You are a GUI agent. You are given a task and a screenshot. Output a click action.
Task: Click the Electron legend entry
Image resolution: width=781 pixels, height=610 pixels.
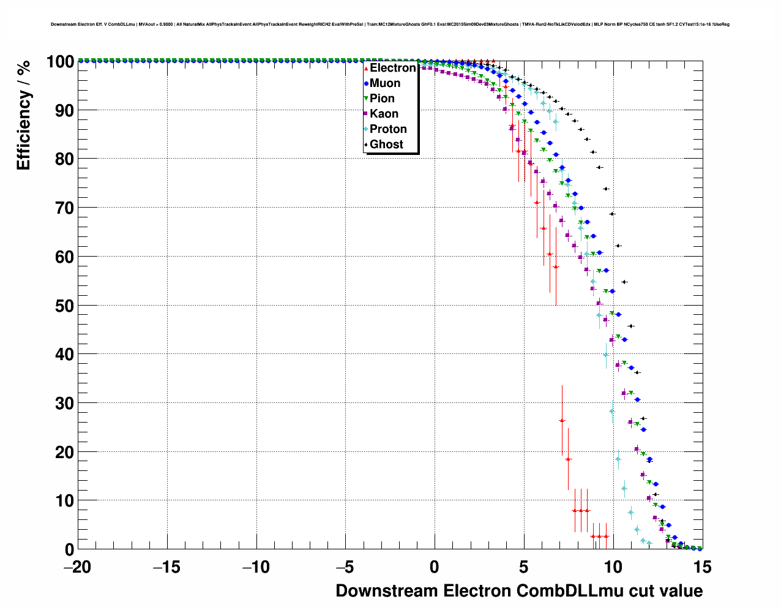[392, 68]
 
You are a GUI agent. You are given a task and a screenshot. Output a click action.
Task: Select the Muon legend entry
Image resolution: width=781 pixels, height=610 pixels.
[385, 83]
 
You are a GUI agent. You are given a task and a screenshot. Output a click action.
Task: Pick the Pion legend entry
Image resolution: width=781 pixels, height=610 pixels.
[382, 99]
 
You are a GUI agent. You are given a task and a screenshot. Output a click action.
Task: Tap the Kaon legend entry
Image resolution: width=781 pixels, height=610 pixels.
[384, 114]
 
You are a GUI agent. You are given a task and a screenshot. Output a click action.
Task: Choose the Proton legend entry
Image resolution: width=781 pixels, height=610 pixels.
[388, 129]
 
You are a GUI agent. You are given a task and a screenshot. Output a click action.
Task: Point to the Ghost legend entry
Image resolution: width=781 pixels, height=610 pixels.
[386, 145]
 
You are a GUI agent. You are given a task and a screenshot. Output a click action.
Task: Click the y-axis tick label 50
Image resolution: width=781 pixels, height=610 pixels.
[60, 306]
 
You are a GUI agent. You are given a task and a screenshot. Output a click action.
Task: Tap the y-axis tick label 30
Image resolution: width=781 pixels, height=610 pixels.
[60, 404]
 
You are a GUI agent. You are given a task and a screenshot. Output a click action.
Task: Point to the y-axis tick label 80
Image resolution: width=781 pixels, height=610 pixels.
[60, 159]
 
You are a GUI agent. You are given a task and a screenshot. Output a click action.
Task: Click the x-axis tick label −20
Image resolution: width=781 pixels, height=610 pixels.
[77, 568]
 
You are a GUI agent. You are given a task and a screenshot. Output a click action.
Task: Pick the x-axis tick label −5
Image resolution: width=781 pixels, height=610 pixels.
[345, 568]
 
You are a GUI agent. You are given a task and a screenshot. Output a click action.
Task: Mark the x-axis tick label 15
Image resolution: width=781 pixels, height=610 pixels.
[702, 568]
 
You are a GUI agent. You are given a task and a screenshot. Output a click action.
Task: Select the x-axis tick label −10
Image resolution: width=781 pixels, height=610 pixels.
[256, 568]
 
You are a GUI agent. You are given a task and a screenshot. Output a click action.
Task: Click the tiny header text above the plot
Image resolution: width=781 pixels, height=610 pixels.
[390, 24]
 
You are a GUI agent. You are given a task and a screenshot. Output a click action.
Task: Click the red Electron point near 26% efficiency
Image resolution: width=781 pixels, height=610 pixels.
[562, 420]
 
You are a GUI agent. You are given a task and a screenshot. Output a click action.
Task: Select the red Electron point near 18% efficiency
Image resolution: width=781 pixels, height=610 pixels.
[568, 459]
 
